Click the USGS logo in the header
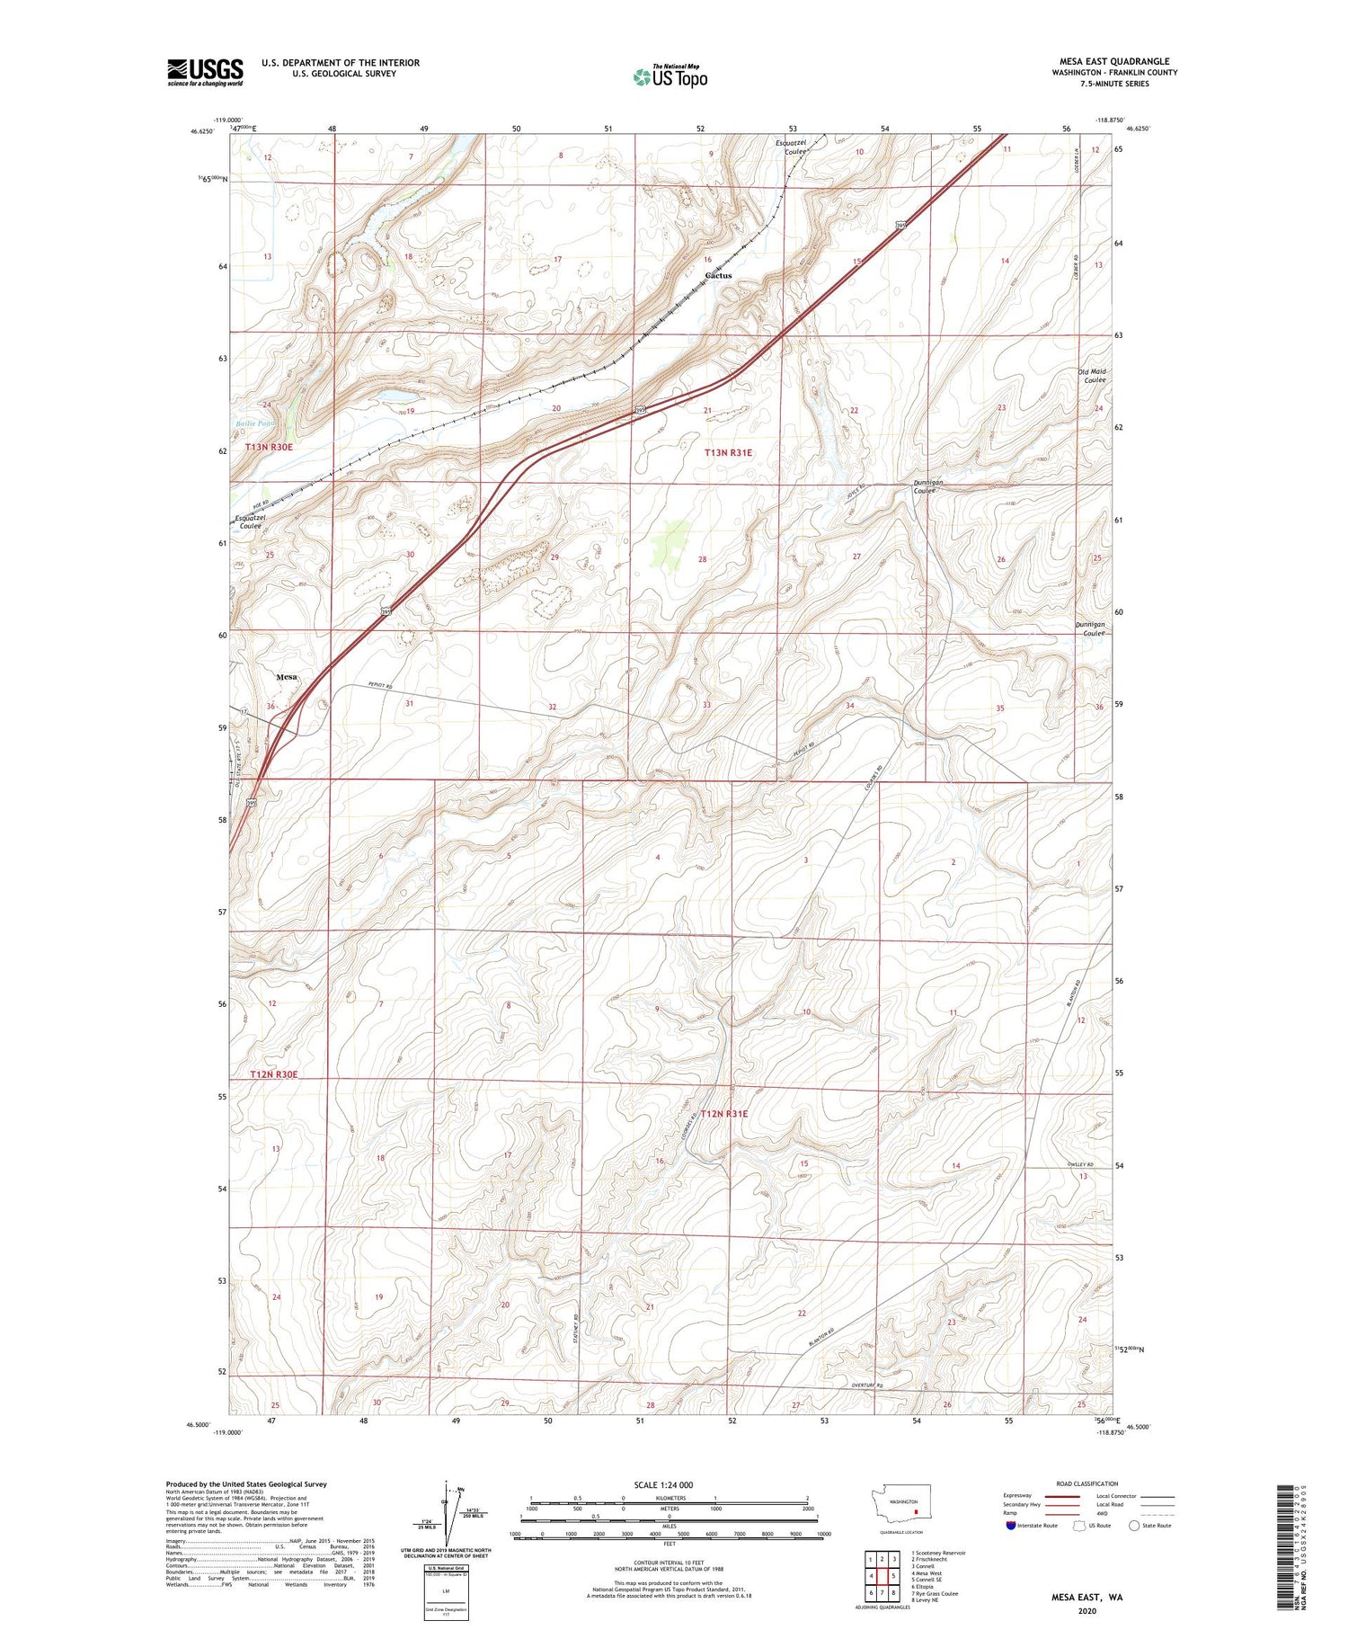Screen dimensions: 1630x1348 point(205,72)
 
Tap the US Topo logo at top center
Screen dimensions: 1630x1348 point(670,77)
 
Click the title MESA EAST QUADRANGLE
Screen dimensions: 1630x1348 point(1113,62)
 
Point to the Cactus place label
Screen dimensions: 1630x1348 point(718,275)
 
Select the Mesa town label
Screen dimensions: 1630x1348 point(287,677)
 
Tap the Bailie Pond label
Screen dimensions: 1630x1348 point(254,423)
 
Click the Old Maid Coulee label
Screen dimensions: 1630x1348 point(1093,376)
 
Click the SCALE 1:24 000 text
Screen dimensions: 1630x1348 point(663,1484)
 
